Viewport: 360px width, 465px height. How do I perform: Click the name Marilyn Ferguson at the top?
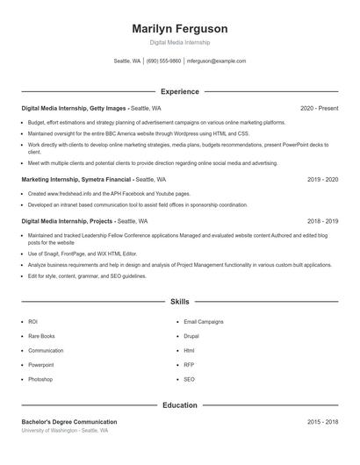pyautogui.click(x=180, y=28)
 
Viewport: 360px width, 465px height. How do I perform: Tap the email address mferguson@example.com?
pyautogui.click(x=217, y=61)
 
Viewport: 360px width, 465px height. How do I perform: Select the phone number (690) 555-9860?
pyautogui.click(x=163, y=61)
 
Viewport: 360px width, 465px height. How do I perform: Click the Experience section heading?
pyautogui.click(x=180, y=91)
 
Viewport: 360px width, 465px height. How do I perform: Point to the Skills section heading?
pyautogui.click(x=180, y=302)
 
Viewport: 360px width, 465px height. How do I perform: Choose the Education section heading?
pyautogui.click(x=180, y=406)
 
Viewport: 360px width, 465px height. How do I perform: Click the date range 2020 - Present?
pyautogui.click(x=319, y=108)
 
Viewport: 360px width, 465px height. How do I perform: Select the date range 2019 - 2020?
pyautogui.click(x=322, y=179)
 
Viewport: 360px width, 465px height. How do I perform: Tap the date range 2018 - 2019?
pyautogui.click(x=322, y=222)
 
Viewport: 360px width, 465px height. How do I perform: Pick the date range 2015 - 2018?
pyautogui.click(x=322, y=422)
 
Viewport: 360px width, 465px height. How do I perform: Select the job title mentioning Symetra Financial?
pyautogui.click(x=76, y=179)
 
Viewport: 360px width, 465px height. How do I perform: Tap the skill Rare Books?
pyautogui.click(x=41, y=336)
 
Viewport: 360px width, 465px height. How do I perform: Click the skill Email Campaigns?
pyautogui.click(x=204, y=322)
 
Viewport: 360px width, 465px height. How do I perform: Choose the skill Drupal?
pyautogui.click(x=191, y=336)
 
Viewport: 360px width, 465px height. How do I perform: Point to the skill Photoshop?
pyautogui.click(x=40, y=380)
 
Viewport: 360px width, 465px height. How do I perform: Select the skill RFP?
pyautogui.click(x=189, y=365)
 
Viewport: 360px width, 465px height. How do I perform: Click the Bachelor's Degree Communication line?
pyautogui.click(x=69, y=422)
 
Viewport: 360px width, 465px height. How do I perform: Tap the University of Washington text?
pyautogui.click(x=65, y=432)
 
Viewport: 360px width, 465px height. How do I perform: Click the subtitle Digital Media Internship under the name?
pyautogui.click(x=180, y=42)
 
